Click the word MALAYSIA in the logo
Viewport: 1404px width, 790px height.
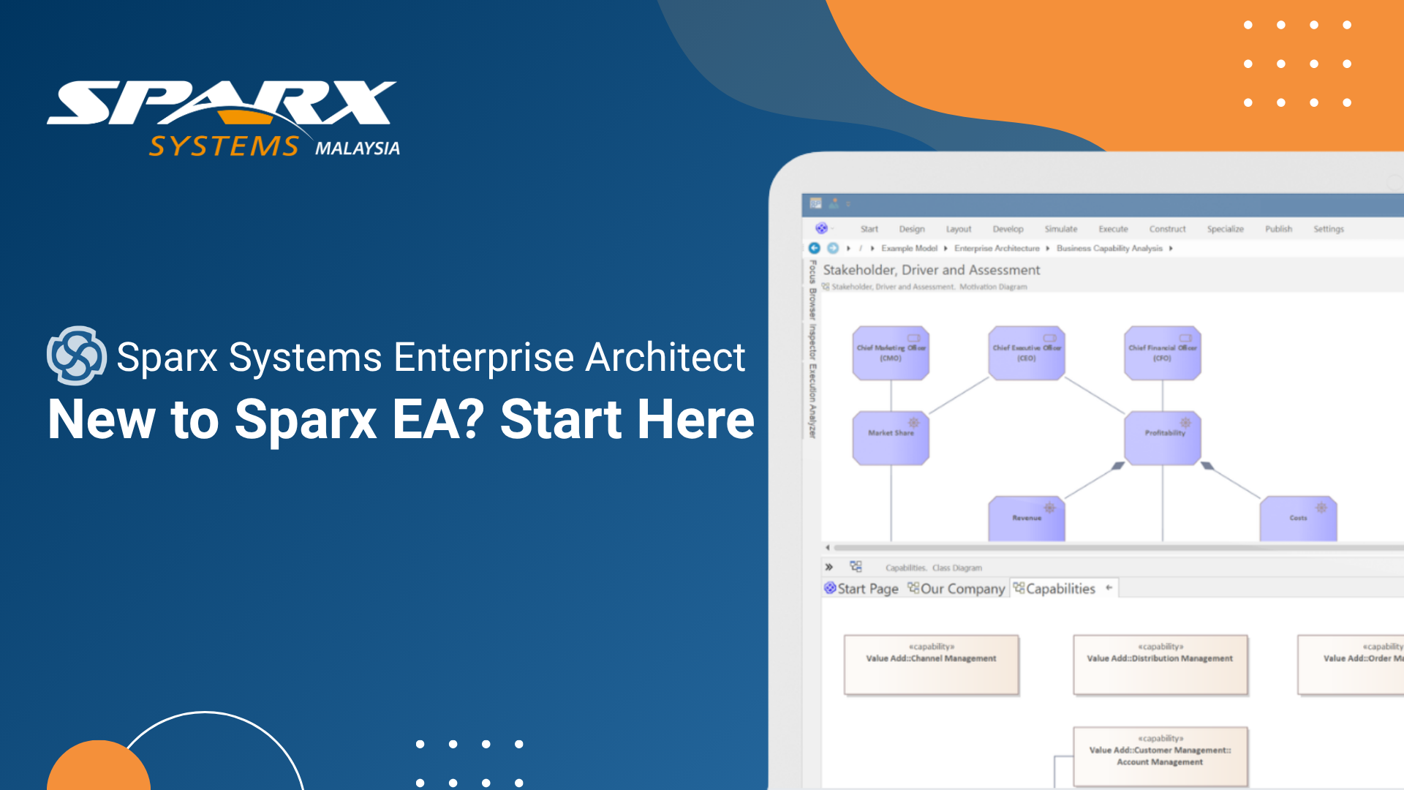[x=357, y=148]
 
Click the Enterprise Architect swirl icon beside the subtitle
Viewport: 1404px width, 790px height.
[x=76, y=355]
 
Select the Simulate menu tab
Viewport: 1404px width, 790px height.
[x=1060, y=229]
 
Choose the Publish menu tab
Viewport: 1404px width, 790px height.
[x=1278, y=229]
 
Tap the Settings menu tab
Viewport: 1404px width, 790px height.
[x=1328, y=229]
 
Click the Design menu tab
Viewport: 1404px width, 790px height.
[x=911, y=229]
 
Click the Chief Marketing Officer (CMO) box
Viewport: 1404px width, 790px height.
[x=891, y=353]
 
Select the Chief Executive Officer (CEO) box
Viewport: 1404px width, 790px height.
[x=1026, y=353]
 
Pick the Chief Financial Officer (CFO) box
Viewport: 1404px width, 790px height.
[x=1162, y=353]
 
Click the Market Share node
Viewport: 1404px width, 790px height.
[x=891, y=437]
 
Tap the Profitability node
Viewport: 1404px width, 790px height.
[x=1162, y=437]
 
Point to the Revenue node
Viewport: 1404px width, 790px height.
[x=1026, y=519]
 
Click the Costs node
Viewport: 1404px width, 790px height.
[x=1298, y=519]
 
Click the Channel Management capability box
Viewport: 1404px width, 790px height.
[x=931, y=664]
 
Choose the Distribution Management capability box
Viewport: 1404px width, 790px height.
[x=1160, y=664]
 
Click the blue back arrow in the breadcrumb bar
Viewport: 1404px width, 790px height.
[x=814, y=248]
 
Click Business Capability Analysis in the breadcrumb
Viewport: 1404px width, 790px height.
[x=1109, y=249]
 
